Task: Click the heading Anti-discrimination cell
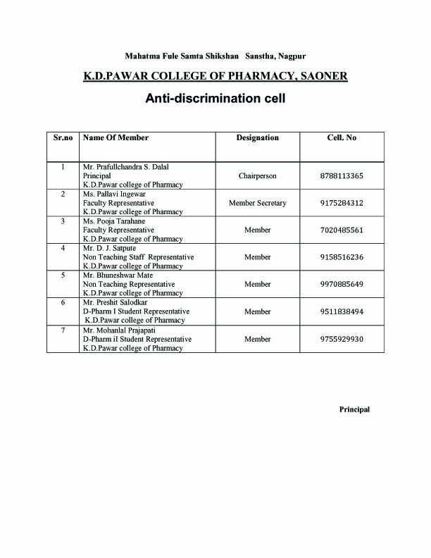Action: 215,99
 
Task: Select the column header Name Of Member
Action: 115,138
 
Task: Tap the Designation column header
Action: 257,138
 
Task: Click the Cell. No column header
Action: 342,138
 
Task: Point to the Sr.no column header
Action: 63,138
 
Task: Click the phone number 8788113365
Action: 342,176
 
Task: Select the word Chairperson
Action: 257,176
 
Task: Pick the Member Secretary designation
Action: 257,203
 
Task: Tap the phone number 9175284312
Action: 342,203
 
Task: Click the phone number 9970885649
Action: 342,285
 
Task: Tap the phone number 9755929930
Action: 342,340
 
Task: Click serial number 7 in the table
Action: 63,330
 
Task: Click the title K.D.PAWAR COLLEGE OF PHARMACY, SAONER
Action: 215,76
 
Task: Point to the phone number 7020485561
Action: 342,230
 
